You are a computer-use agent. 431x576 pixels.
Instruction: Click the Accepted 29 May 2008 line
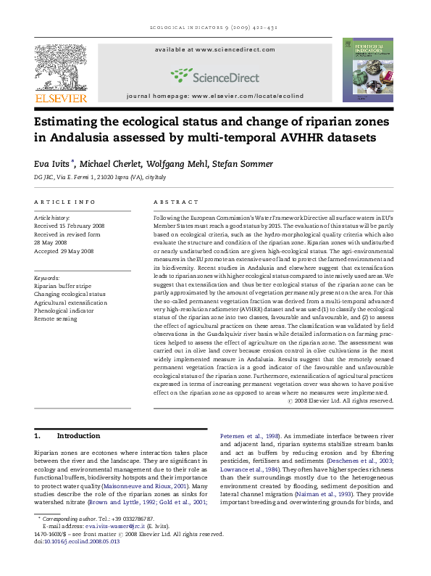coord(64,251)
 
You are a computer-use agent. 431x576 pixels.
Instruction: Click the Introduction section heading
coord(78,436)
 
